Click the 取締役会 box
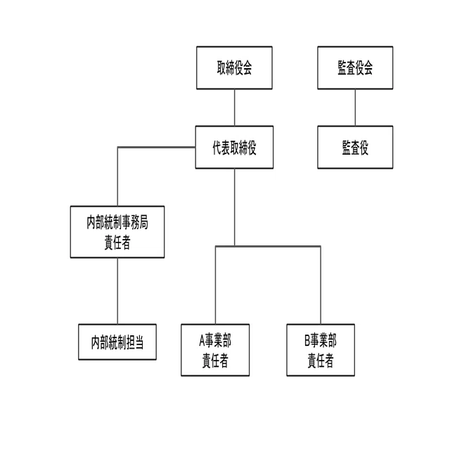[234, 67]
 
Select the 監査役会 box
[355, 67]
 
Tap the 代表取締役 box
[234, 147]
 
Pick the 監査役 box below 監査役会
[355, 147]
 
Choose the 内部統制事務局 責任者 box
[117, 232]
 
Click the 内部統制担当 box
[117, 342]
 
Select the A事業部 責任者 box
[215, 350]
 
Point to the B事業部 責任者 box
[321, 350]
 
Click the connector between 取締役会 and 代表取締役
[235, 108]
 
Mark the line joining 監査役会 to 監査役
[355, 108]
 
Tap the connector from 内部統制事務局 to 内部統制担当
[117, 291]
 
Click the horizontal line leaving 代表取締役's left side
[157, 147]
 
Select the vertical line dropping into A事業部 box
[215, 285]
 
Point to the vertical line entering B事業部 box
[321, 285]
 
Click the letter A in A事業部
[202, 341]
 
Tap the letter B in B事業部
[307, 341]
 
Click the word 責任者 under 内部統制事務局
[117, 243]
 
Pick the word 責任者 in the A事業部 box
[215, 361]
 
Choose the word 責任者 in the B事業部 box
[321, 361]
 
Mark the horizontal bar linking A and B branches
[268, 247]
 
